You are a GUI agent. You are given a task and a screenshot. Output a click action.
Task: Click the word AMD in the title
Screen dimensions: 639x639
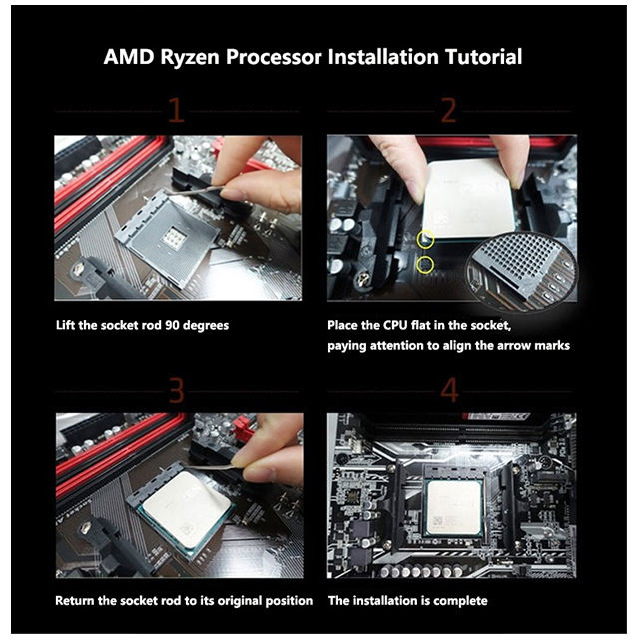pos(129,57)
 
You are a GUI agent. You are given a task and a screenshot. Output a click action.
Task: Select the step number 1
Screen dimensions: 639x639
pos(176,110)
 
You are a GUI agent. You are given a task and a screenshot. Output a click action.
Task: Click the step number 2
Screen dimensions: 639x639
pos(449,110)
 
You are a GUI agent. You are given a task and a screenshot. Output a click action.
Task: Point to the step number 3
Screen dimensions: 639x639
pos(176,390)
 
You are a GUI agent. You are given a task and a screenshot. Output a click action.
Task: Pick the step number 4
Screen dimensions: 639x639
pos(449,390)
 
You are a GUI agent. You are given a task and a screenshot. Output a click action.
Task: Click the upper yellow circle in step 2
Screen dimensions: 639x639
pos(425,239)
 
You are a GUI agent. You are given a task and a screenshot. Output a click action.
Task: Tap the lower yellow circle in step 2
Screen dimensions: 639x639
pos(425,265)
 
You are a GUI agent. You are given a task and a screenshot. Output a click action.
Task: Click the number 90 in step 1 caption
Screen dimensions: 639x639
pos(172,326)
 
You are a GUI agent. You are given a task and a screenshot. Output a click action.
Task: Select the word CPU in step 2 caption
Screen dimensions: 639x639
pos(395,326)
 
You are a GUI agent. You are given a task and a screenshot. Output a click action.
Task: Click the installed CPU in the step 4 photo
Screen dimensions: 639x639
pos(454,507)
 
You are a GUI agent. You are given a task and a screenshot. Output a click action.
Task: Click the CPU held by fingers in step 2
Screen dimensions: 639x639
pos(468,199)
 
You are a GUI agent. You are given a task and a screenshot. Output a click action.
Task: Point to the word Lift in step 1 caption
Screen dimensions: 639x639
pos(66,326)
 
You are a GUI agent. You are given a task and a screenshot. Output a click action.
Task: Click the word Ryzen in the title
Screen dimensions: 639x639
pos(190,58)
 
